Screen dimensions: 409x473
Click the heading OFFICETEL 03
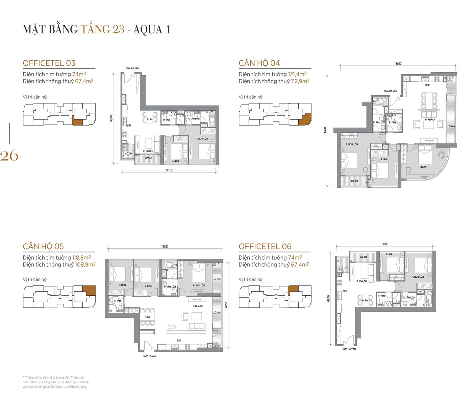(x=49, y=63)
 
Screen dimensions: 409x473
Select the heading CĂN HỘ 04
(x=259, y=63)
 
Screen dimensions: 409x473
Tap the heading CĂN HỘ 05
(x=43, y=246)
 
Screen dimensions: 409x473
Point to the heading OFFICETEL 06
(x=265, y=246)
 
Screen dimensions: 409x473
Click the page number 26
(x=9, y=156)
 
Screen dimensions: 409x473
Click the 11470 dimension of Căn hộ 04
(x=325, y=131)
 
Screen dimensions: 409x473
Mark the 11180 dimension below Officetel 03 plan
(x=169, y=170)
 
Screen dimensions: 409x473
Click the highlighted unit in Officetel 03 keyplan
(x=77, y=121)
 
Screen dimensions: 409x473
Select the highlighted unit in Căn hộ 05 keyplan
(x=89, y=291)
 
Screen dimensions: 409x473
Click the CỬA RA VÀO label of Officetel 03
(x=132, y=69)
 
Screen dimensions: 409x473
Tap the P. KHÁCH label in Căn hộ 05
(x=198, y=306)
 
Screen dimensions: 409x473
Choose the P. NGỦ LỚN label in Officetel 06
(x=418, y=277)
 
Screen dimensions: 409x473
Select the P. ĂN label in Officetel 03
(x=150, y=119)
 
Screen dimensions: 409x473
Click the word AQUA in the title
(x=148, y=29)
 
